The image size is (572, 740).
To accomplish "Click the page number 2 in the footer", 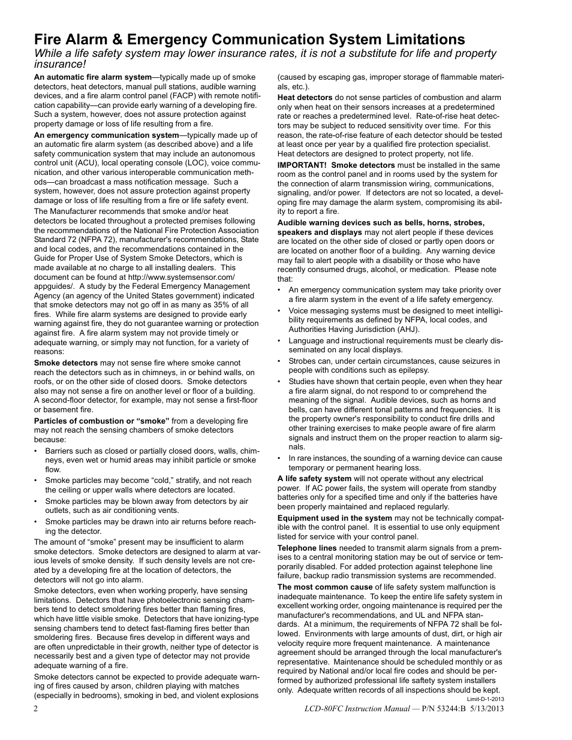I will click(x=36, y=708).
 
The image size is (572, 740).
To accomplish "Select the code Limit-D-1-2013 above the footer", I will click(x=485, y=699).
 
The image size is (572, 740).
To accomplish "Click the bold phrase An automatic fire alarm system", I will click(x=92, y=77).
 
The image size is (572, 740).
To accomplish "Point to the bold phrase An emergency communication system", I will click(x=106, y=135).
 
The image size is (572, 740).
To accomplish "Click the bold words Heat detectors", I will click(x=305, y=98).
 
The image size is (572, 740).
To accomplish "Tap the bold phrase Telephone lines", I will click(x=306, y=548).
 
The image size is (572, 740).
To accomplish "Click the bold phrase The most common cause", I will click(x=324, y=587).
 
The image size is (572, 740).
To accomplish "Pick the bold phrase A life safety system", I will click(x=314, y=479).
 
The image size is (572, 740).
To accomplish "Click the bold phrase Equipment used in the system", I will click(x=335, y=518).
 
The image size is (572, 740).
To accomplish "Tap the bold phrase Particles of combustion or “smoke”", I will click(x=101, y=421).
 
